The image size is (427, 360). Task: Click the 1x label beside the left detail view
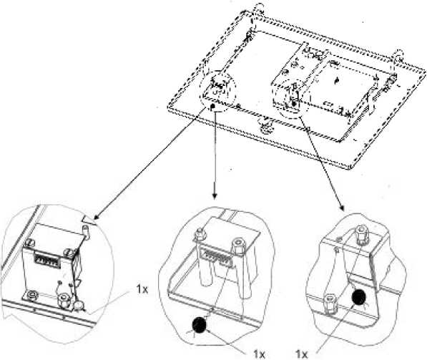[x=142, y=289]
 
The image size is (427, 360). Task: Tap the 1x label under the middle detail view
[x=259, y=354]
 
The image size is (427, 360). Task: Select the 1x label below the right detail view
[x=301, y=354]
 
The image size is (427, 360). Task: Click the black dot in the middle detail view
[x=200, y=325]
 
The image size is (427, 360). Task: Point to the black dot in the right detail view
[x=358, y=297]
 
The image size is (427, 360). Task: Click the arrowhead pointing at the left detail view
[x=97, y=217]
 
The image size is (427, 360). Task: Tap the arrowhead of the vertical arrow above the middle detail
[x=215, y=195]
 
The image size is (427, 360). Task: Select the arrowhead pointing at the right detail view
[x=342, y=208]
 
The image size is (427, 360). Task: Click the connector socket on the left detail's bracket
[x=46, y=258]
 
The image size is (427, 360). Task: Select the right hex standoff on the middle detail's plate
[x=237, y=246]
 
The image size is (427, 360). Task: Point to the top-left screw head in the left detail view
[x=30, y=242]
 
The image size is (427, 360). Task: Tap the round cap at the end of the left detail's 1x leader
[x=79, y=306]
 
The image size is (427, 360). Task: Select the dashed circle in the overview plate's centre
[x=293, y=99]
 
